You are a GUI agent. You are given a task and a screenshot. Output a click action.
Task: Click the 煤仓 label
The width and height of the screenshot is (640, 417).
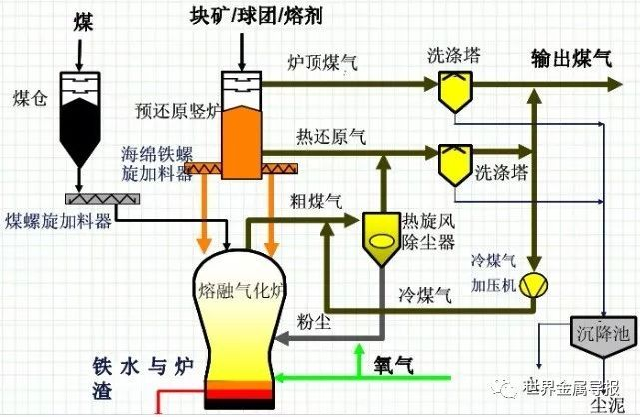(28, 98)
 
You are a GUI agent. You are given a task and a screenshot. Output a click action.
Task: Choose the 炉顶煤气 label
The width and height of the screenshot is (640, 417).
(321, 64)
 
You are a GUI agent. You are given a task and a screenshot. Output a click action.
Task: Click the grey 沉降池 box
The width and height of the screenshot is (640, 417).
(601, 333)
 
